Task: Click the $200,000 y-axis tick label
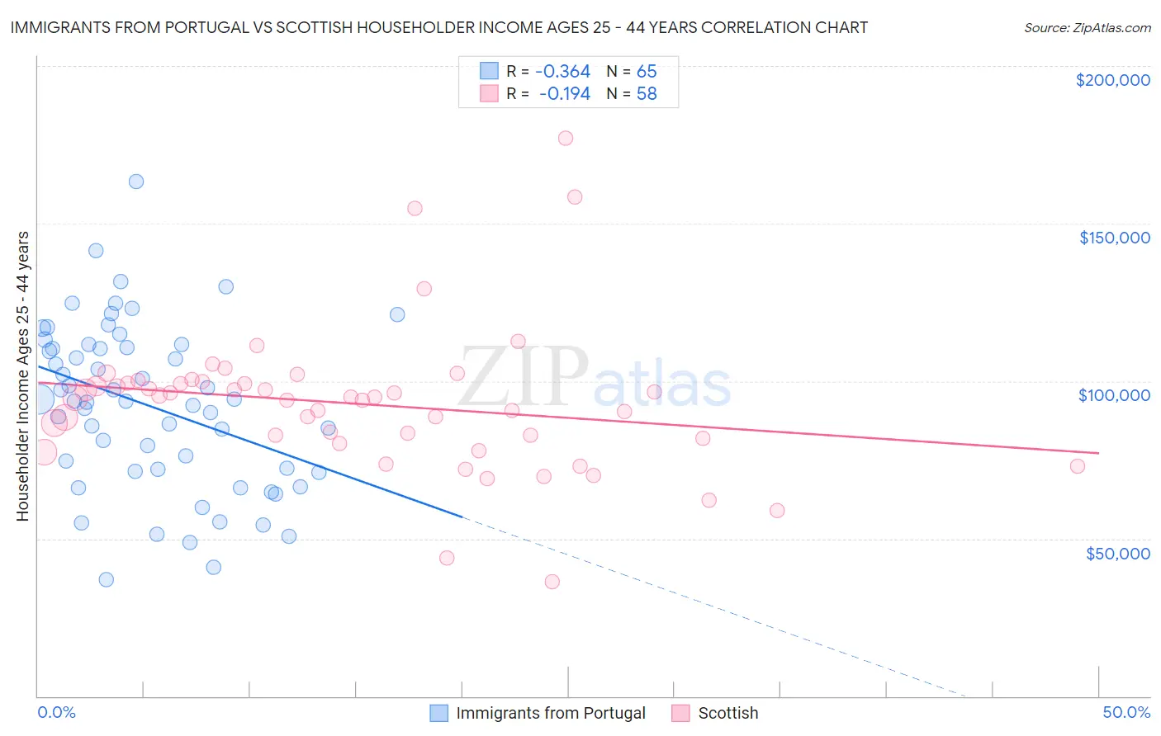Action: [x=1112, y=80]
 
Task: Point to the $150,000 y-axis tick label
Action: [x=1114, y=238]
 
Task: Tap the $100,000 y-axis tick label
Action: [x=1114, y=395]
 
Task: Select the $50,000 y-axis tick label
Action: [x=1117, y=553]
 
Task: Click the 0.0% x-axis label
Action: [x=56, y=712]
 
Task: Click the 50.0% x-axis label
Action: [x=1126, y=712]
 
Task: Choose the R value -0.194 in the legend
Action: [x=566, y=94]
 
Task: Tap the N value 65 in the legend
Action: [x=647, y=71]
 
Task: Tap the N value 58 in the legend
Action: [x=647, y=94]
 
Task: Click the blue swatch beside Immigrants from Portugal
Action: [x=439, y=713]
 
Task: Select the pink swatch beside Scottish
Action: [x=680, y=713]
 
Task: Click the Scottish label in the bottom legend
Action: [x=727, y=713]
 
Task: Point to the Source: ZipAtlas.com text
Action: [x=1087, y=27]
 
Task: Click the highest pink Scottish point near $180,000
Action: [x=566, y=138]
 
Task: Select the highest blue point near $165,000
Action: [x=136, y=182]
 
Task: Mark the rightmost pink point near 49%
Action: [x=1078, y=466]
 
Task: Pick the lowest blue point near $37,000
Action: [x=107, y=579]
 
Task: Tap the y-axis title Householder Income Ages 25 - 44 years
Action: [x=22, y=376]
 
